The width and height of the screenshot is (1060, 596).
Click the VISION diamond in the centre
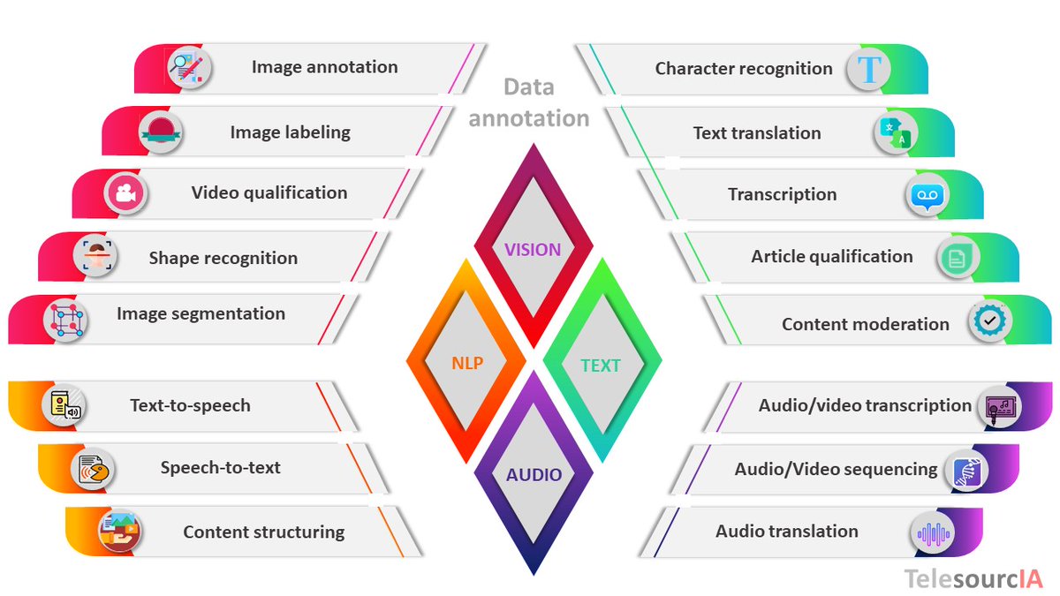tap(533, 249)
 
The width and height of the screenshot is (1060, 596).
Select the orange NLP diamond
tap(466, 362)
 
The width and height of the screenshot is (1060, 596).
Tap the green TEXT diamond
tap(601, 365)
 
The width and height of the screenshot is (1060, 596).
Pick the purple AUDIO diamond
tap(534, 474)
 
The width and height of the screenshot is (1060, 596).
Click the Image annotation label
tap(324, 67)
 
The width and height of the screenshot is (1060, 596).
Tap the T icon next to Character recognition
tap(870, 69)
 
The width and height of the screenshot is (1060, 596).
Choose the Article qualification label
tap(831, 257)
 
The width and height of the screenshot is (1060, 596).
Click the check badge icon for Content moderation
tap(989, 322)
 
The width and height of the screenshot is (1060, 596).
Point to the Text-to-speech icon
tap(65, 407)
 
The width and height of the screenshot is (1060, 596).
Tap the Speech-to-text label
tap(220, 468)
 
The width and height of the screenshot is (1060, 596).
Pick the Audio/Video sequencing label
tap(836, 469)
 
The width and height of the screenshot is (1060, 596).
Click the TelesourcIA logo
tap(973, 578)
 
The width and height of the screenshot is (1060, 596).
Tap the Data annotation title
tap(529, 102)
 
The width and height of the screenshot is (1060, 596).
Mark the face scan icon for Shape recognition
tap(95, 258)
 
